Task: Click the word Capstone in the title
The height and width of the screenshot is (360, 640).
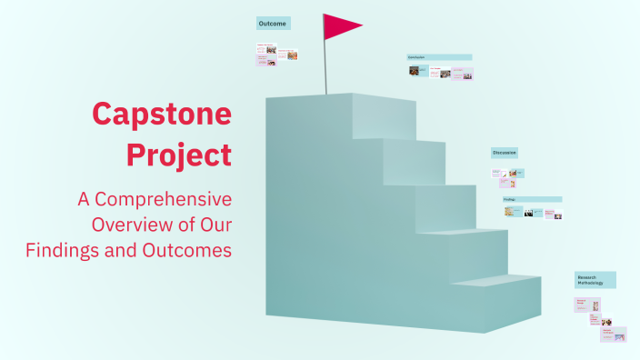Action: tap(162, 115)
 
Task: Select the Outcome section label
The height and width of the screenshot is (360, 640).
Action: tap(273, 23)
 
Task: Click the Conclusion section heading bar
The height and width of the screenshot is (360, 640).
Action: tap(439, 57)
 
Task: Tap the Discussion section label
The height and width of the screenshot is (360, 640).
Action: tap(505, 153)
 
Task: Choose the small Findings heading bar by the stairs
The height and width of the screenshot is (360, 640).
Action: tap(532, 199)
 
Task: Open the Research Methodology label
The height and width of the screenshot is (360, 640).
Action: tap(595, 279)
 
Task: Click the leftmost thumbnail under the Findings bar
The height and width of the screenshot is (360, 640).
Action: tap(512, 212)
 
